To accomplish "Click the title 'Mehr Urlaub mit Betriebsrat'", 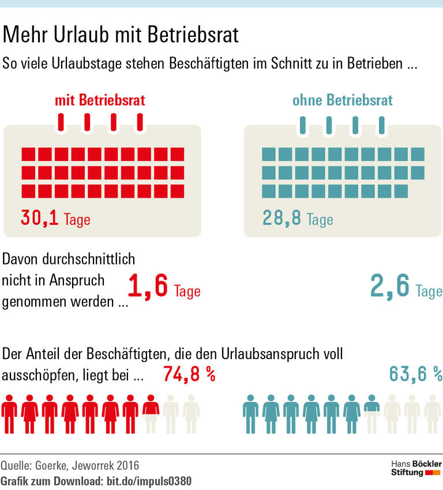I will pos(121,35).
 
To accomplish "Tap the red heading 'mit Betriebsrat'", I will pos(100,101).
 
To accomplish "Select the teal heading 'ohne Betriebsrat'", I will pos(342,101).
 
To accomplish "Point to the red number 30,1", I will pos(40,218).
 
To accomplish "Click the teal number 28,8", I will pos(281,218).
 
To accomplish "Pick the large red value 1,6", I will pos(148,287).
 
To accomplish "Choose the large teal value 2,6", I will pos(390,287).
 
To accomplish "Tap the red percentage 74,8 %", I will pos(189,375).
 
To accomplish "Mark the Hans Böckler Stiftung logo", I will pos(416,468).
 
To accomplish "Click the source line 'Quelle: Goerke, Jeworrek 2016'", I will pos(70,465).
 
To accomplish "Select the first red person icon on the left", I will pos(9,413).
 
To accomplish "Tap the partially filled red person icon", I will pos(151,413).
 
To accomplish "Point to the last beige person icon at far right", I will pos(433,413).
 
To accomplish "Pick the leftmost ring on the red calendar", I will pos(61,122).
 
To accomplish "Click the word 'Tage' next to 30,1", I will pos(77,220).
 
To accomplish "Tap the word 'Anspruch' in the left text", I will pos(77,281).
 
